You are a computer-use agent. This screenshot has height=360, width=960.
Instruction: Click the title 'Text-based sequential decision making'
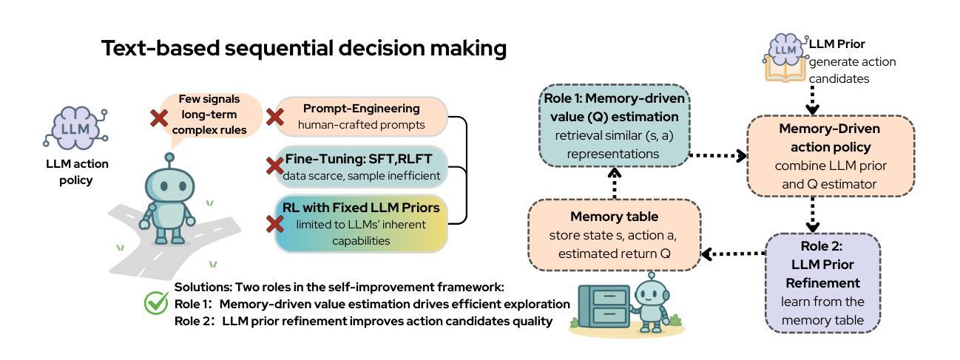tap(304, 49)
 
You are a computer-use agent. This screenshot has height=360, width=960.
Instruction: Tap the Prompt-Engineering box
tap(362, 116)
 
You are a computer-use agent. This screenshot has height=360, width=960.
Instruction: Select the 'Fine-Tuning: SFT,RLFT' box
tap(362, 167)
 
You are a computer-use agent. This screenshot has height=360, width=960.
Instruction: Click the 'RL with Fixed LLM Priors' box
tap(361, 223)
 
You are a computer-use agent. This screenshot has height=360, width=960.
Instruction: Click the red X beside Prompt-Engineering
tap(275, 117)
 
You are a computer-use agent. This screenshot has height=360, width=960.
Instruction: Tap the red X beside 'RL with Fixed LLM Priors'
tap(275, 223)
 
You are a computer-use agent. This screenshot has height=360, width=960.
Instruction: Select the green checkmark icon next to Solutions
tap(156, 302)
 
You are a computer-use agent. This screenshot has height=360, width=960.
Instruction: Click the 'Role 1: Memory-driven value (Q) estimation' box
tap(614, 126)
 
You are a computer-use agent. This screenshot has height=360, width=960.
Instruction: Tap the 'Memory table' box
tap(614, 234)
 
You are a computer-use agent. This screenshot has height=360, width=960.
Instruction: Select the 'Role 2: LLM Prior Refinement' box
tap(822, 282)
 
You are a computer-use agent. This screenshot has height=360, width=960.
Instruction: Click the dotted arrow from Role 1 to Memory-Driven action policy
tap(717, 156)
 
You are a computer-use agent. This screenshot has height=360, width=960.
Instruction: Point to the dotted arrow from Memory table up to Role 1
tap(614, 183)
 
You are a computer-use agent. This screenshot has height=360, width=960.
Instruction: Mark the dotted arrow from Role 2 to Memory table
tap(732, 254)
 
